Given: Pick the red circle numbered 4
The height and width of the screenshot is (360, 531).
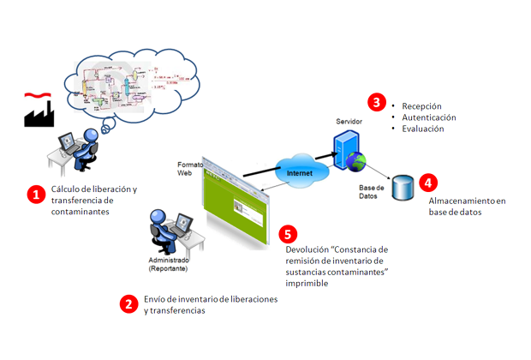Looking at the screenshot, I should click(429, 182).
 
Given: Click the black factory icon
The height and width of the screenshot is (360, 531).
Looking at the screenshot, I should click(38, 111).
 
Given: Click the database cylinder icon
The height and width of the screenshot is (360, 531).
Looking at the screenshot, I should click(400, 188).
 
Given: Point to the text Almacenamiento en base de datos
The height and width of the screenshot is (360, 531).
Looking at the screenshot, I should click(468, 207).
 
